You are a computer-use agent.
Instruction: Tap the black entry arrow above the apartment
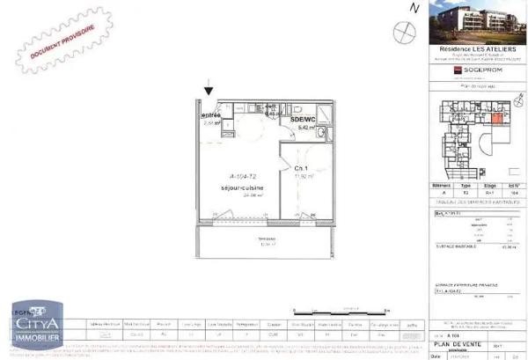pyautogui.click(x=209, y=88)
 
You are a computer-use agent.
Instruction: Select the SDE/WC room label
pyautogui.click(x=304, y=120)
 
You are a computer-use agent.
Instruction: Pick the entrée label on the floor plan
pyautogui.click(x=211, y=115)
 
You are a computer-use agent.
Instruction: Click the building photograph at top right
pyautogui.click(x=476, y=23)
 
